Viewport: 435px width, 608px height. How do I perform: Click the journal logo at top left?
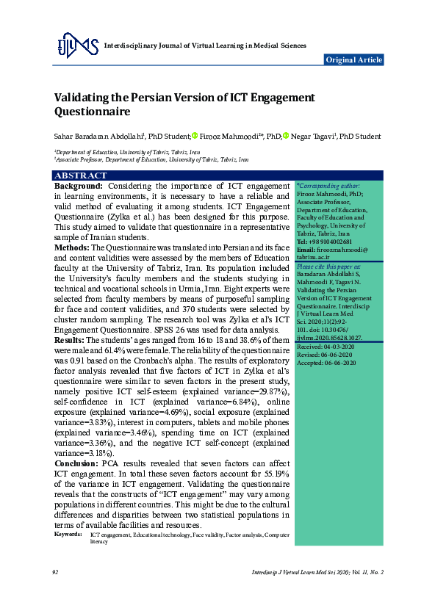pyautogui.click(x=77, y=46)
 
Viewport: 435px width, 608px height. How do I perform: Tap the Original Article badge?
pyautogui.click(x=353, y=59)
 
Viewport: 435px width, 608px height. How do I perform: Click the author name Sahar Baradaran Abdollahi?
pyautogui.click(x=98, y=136)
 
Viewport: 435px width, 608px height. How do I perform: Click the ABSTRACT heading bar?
pyautogui.click(x=80, y=175)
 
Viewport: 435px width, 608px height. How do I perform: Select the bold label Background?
pyautogui.click(x=78, y=187)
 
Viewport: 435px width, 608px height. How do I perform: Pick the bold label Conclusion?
pyautogui.click(x=76, y=464)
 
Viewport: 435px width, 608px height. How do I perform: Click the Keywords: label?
pyautogui.click(x=68, y=535)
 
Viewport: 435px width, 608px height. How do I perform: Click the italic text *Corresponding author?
pyautogui.click(x=328, y=187)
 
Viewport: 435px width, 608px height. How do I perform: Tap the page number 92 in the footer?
pyautogui.click(x=55, y=571)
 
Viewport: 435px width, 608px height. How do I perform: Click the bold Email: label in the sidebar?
pyautogui.click(x=307, y=250)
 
